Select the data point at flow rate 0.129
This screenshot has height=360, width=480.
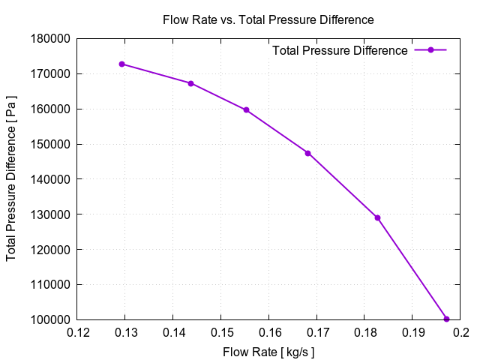121,64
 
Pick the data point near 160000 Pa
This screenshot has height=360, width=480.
246,109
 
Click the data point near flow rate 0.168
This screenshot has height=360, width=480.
307,153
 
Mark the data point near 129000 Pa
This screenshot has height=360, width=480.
377,217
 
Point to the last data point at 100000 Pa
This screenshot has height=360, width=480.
446,319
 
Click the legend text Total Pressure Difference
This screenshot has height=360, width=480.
340,50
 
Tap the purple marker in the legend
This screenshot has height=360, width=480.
430,50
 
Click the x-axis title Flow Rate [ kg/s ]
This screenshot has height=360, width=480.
268,351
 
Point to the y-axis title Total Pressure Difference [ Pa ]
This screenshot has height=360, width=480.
12,179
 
